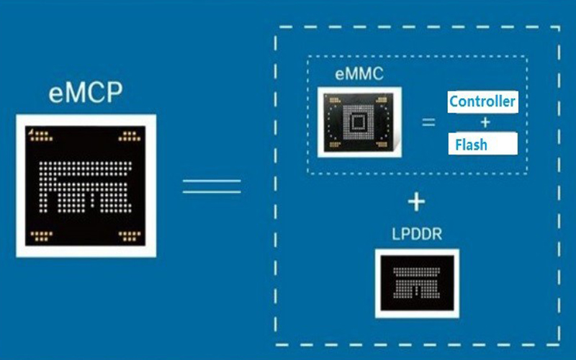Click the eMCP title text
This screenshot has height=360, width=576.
(86, 93)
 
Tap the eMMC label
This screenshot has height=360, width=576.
(359, 74)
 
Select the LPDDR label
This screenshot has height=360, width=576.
(417, 234)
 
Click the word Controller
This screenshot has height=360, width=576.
(482, 102)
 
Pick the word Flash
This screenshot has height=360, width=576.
(472, 145)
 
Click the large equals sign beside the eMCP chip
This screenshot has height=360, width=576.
(212, 186)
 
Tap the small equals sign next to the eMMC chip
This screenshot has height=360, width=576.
(428, 122)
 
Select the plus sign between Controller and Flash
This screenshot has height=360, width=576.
(485, 122)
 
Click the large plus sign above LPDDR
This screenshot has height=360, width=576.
(417, 202)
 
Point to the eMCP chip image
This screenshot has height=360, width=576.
(86, 186)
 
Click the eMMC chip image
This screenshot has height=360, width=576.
(359, 122)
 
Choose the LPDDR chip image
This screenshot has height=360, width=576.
(417, 283)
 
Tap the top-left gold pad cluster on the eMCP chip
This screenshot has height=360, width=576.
(42, 136)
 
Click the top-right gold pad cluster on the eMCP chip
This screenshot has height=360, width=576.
(130, 136)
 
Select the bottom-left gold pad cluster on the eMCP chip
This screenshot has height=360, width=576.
(41, 236)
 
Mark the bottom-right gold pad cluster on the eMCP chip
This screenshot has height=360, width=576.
(130, 236)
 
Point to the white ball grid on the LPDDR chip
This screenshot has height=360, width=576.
(417, 282)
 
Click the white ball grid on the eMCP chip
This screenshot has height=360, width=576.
(85, 187)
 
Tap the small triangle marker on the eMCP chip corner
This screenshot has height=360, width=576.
(32, 131)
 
